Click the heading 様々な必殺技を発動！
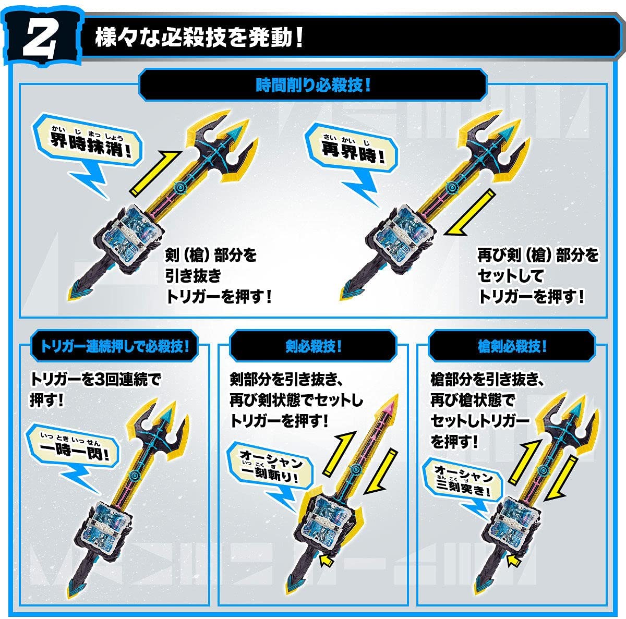(x=199, y=38)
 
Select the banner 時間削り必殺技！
(x=313, y=85)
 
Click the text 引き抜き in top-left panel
(x=192, y=275)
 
